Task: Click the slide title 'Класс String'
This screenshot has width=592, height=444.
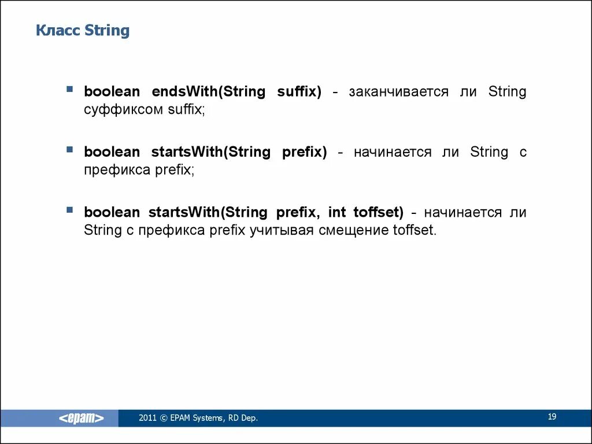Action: (83, 30)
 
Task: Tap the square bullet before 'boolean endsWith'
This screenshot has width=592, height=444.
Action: (70, 90)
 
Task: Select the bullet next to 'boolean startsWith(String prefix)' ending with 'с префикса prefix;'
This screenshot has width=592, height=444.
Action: (70, 150)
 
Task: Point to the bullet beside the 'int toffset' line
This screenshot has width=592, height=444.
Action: (70, 210)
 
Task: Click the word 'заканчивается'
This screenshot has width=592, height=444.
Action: (398, 92)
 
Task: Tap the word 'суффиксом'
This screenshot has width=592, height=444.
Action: (123, 109)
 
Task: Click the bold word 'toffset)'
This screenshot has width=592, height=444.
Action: (378, 213)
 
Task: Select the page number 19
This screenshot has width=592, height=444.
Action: (552, 417)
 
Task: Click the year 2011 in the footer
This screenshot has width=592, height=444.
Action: (147, 418)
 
